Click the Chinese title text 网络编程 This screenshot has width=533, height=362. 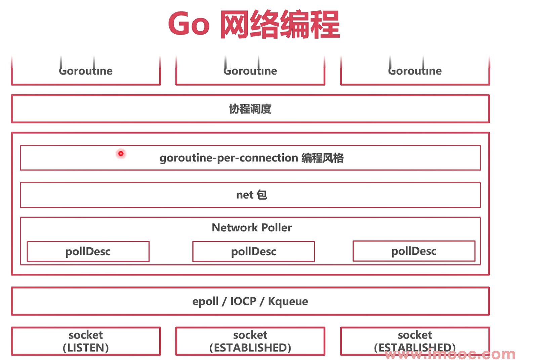tap(280, 24)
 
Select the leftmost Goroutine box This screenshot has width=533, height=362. tap(86, 71)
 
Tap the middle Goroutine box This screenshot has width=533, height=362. tap(250, 71)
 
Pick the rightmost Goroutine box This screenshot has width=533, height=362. tap(415, 71)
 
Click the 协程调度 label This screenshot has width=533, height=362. tap(250, 109)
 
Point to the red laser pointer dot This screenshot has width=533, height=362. tap(121, 153)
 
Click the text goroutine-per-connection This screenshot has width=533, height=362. tap(229, 158)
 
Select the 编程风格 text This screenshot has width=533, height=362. tap(322, 158)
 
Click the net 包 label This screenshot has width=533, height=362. tap(251, 195)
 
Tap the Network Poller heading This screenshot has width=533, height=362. tap(252, 228)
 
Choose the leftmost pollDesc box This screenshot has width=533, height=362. tap(88, 252)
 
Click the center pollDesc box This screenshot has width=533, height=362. tap(254, 252)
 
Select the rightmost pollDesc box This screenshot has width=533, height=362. tap(414, 251)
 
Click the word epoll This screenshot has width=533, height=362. tap(205, 301)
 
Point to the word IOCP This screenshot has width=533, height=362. tap(243, 301)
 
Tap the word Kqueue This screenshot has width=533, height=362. tap(288, 301)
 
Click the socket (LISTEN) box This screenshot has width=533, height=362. tap(86, 341)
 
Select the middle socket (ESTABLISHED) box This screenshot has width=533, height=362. tap(250, 341)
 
